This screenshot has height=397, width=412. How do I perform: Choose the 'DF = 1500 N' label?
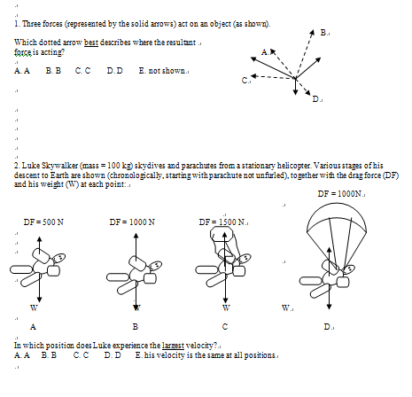click(x=222, y=222)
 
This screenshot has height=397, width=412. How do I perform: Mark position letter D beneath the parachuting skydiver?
click(x=328, y=327)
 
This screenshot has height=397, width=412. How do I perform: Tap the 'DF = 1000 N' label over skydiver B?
click(x=132, y=222)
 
